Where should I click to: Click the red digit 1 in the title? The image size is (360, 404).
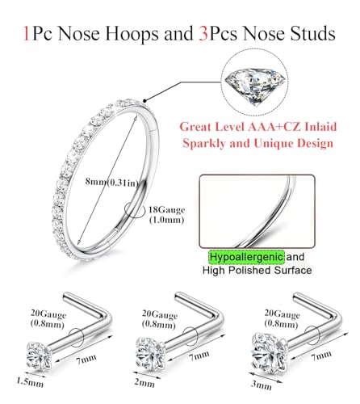tap(26, 34)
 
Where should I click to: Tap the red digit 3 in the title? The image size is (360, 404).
tap(203, 34)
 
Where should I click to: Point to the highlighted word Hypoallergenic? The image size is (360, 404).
tap(246, 257)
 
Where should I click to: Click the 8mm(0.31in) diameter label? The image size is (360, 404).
tap(112, 183)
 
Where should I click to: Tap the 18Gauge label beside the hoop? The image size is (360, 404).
tap(167, 210)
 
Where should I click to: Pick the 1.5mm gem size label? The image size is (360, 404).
tap(30, 381)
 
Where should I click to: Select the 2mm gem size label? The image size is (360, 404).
tap(144, 383)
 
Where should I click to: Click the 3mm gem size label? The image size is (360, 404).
tap(261, 385)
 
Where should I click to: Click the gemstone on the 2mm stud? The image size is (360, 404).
tap(150, 354)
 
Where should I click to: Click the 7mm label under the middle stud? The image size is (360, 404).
tap(199, 356)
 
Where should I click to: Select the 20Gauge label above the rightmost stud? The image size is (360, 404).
tap(282, 314)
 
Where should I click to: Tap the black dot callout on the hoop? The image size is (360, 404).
tap(144, 101)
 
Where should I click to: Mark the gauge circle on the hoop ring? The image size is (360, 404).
tap(134, 210)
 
